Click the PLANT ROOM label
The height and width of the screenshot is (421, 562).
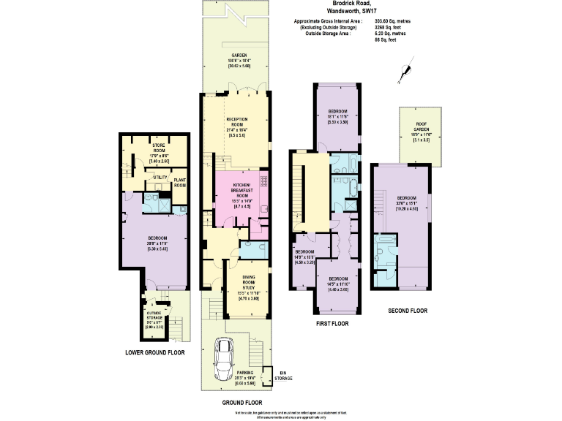point(180,182)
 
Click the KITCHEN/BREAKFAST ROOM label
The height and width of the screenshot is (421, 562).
point(242,189)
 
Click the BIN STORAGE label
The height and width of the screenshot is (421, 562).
point(283,375)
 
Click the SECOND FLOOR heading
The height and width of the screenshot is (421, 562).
point(407,311)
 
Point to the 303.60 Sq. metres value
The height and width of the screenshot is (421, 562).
point(389,22)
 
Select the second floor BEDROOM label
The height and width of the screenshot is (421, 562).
point(407,198)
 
